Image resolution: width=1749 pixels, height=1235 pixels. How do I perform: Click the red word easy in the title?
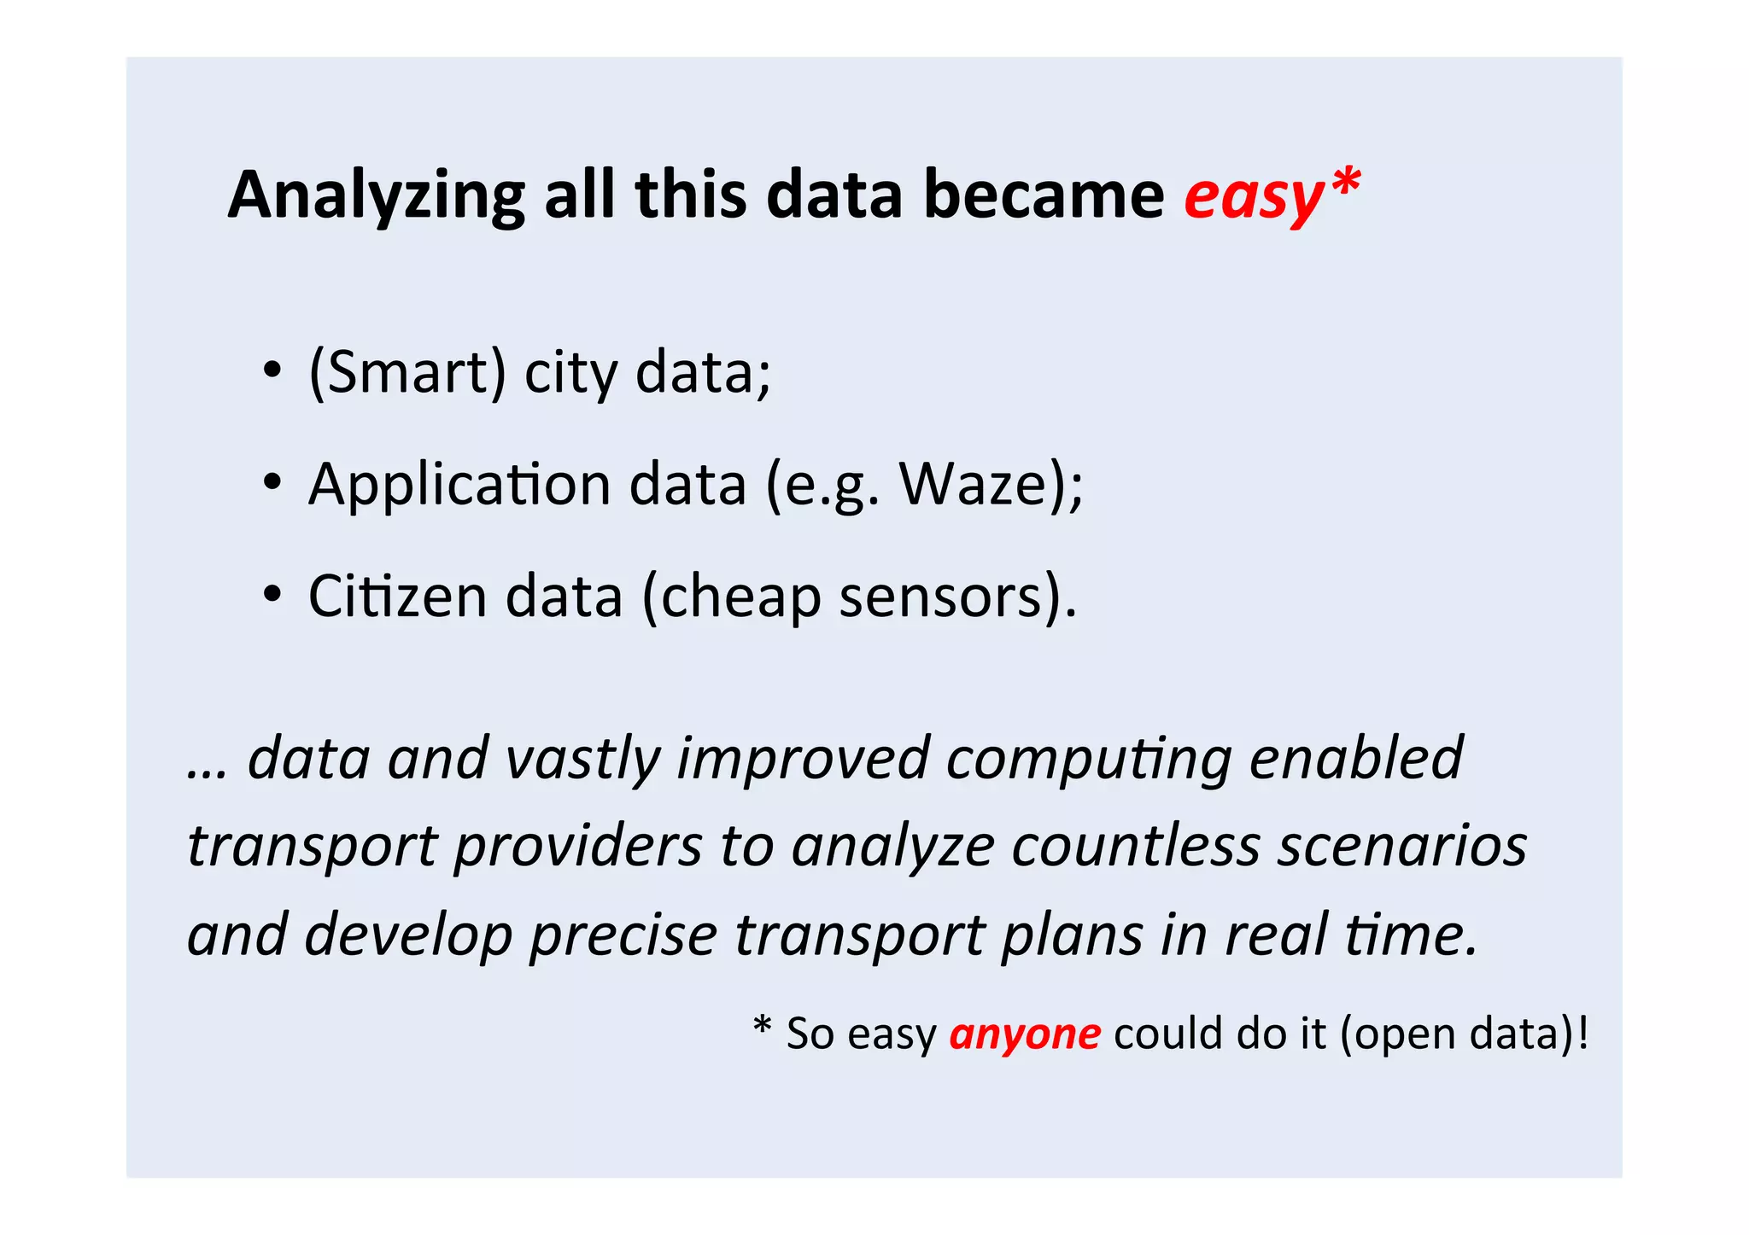pos(1252,196)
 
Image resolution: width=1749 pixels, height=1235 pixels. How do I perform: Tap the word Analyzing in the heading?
pos(376,196)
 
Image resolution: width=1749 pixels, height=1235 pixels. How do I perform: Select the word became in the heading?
pos(1044,195)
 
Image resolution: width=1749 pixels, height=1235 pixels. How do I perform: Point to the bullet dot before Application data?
pos(272,483)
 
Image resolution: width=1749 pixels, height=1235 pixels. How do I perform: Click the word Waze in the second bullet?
pos(973,484)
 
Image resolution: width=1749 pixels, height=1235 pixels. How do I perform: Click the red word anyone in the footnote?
pos(1025,1034)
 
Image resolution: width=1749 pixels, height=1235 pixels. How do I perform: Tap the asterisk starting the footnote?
pos(763,1028)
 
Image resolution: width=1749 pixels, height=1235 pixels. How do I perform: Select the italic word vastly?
pos(582,758)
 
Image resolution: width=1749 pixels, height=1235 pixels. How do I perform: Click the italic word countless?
pos(1136,847)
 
